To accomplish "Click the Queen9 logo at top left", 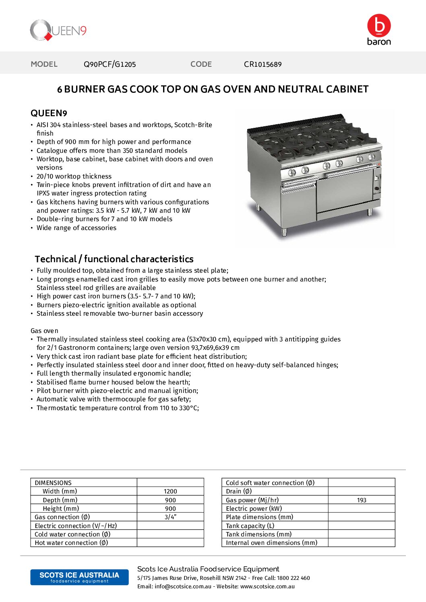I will pyautogui.click(x=58, y=31).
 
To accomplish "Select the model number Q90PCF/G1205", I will pyautogui.click(x=110, y=64).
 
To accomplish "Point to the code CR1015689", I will pyautogui.click(x=263, y=64).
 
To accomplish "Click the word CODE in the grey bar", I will pyautogui.click(x=201, y=64).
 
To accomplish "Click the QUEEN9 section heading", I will pyautogui.click(x=49, y=113).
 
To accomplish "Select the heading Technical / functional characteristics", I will pyautogui.click(x=114, y=259).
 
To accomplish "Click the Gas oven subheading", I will pyautogui.click(x=44, y=331).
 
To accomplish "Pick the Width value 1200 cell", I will pyautogui.click(x=170, y=491).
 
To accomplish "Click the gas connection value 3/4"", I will pyautogui.click(x=170, y=517).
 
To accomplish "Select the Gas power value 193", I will pyautogui.click(x=362, y=500).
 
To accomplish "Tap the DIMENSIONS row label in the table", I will pyautogui.click(x=53, y=483).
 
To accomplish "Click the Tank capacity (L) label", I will pyautogui.click(x=250, y=526).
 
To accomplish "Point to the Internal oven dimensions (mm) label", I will pyautogui.click(x=271, y=543).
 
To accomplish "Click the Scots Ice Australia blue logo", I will pyautogui.click(x=79, y=577).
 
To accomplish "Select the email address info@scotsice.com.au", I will pyautogui.click(x=183, y=586).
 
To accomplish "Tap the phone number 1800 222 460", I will pyautogui.click(x=294, y=578).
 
